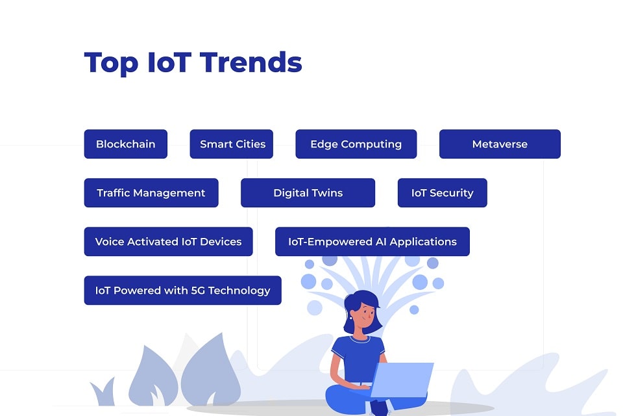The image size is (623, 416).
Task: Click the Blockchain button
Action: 125,144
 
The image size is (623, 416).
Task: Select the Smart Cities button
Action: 232,144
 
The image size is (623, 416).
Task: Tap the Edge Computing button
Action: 356,144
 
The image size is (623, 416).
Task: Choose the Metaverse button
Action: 500,144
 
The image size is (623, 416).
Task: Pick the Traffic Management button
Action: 151,193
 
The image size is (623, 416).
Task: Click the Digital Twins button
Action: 308,193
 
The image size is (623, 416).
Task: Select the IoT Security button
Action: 442,193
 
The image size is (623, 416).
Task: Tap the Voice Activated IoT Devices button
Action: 168,242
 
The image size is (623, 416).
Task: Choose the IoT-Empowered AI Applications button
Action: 372,242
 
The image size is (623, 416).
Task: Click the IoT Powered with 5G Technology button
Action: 182,291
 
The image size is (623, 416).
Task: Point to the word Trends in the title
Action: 251,62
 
